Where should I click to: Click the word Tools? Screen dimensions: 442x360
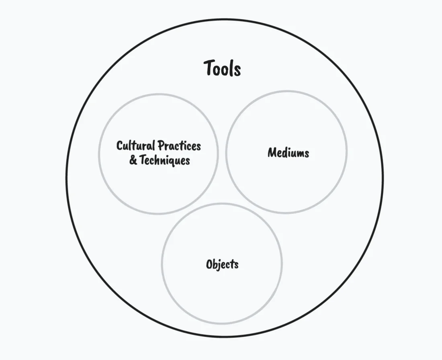(222, 68)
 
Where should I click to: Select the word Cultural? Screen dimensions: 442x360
(136, 145)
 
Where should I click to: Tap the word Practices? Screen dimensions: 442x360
(179, 145)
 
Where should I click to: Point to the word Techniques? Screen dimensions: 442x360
(165, 160)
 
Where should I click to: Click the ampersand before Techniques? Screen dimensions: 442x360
(133, 160)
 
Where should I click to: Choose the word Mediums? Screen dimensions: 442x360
(288, 153)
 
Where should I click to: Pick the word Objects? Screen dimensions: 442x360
(222, 264)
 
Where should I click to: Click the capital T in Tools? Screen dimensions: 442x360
(209, 68)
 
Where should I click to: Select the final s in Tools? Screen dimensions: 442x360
(237, 70)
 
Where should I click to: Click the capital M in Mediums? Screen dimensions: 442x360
(272, 153)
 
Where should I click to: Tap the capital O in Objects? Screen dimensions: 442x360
(210, 264)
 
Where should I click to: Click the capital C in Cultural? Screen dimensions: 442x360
(120, 145)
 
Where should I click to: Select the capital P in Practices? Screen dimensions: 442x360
(160, 145)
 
